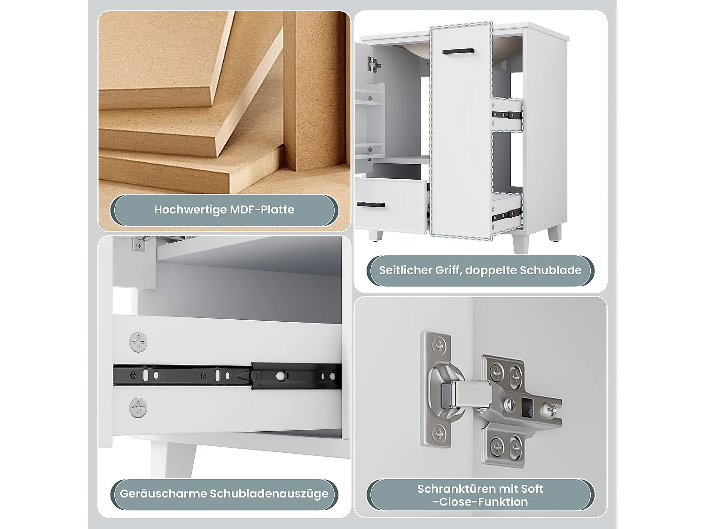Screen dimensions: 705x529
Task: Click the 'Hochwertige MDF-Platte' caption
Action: pyautogui.click(x=224, y=210)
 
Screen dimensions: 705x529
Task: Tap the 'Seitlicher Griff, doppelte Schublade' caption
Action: pyautogui.click(x=480, y=270)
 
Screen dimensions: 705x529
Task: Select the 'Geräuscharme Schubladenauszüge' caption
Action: pyautogui.click(x=224, y=493)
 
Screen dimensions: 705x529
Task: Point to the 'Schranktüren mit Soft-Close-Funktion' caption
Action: pyautogui.click(x=480, y=495)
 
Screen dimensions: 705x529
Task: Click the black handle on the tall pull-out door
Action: pyautogui.click(x=458, y=51)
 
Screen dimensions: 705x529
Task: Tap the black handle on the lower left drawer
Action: pyautogui.click(x=371, y=205)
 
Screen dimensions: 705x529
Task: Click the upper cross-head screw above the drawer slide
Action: pyautogui.click(x=138, y=342)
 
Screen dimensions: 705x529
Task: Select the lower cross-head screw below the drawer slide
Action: pyautogui.click(x=138, y=408)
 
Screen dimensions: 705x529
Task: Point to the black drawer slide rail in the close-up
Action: pyautogui.click(x=227, y=376)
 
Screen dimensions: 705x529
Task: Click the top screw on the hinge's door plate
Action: pyautogui.click(x=439, y=346)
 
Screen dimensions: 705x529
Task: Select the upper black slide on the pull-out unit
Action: pyautogui.click(x=507, y=115)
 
